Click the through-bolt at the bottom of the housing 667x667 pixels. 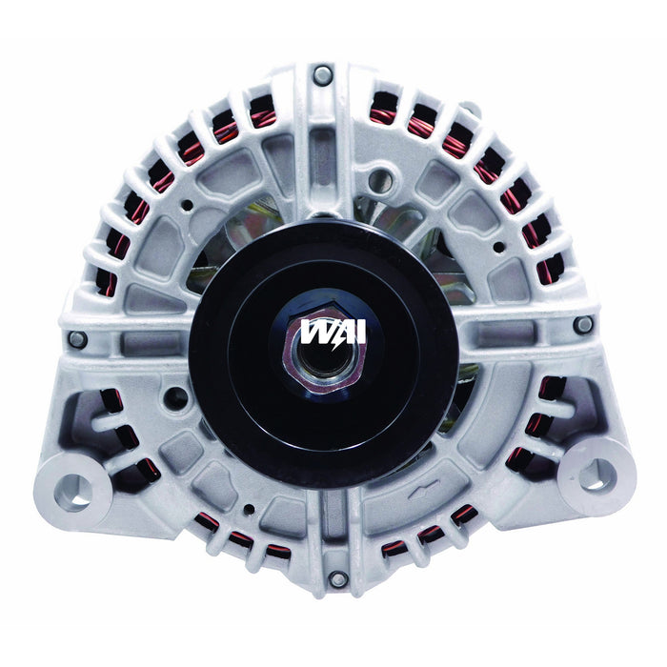coord(334,579)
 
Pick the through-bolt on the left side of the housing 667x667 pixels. coord(77,338)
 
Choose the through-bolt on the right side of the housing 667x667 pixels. coord(583,325)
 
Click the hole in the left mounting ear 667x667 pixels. coord(73,490)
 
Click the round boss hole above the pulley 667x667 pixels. coord(383,176)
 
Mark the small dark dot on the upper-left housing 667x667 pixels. coord(188,205)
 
